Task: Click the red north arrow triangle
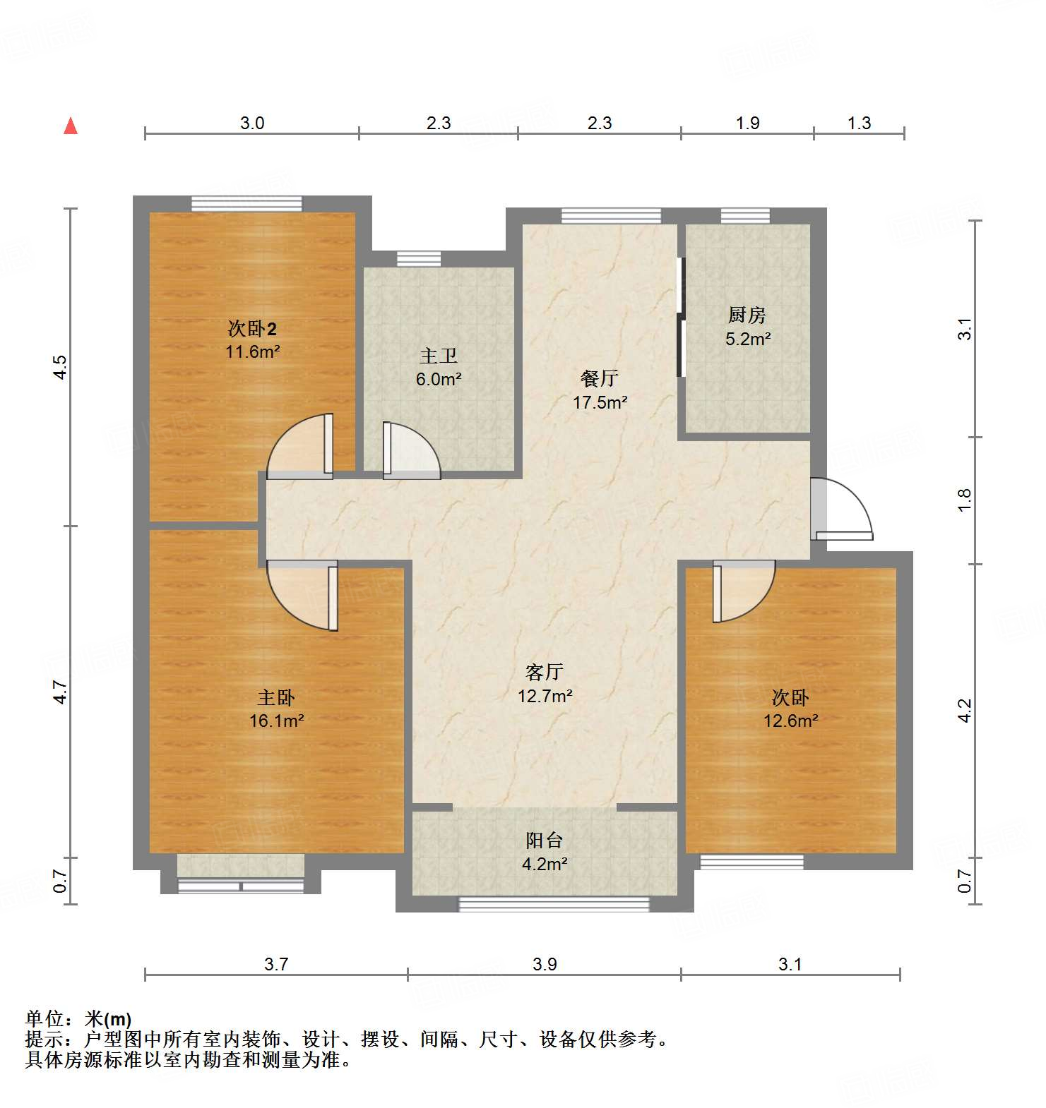click(70, 126)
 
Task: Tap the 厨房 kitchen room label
click(747, 326)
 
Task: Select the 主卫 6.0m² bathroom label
click(438, 367)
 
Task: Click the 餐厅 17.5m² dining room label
click(600, 390)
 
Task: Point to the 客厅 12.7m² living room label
click(545, 683)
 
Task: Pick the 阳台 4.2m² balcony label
click(545, 851)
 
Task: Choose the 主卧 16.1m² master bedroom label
click(276, 709)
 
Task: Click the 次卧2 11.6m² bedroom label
click(252, 339)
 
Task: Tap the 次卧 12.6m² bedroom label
click(790, 709)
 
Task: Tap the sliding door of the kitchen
click(681, 318)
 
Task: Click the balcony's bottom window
click(554, 904)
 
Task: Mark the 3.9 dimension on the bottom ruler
click(545, 964)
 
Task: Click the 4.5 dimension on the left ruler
click(61, 367)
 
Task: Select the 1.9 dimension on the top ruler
click(747, 123)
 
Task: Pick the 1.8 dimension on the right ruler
click(965, 500)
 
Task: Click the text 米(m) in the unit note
click(108, 1019)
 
